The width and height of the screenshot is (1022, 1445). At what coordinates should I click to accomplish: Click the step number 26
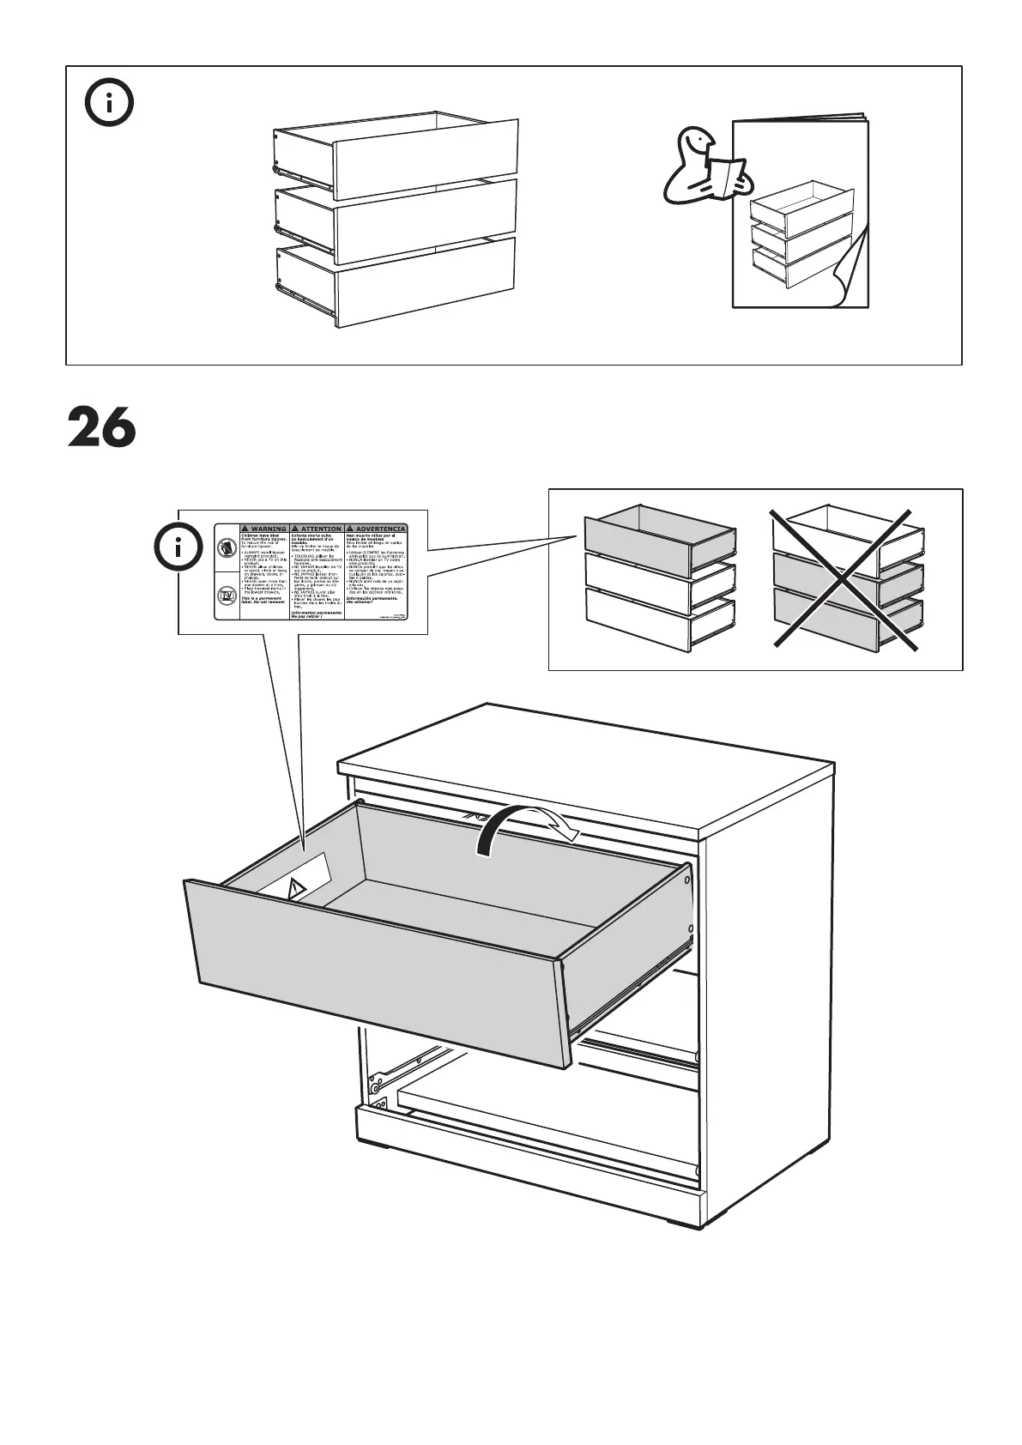102,427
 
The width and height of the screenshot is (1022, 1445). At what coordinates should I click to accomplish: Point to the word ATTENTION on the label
317,529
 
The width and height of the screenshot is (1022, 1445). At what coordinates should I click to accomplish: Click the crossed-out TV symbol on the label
227,597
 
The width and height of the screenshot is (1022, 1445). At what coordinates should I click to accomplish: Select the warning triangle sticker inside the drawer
296,889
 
